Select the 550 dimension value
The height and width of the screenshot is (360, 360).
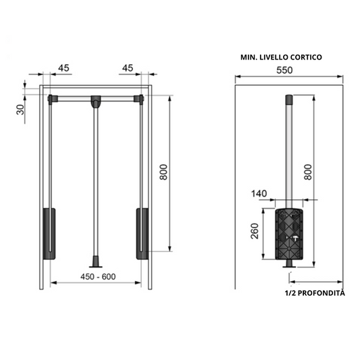pos(289,69)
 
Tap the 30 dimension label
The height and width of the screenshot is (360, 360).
pos(20,109)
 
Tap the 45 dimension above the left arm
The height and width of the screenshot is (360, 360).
pos(65,68)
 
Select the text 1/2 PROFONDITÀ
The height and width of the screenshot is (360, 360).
pos(314,292)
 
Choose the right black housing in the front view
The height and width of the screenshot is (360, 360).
pos(143,234)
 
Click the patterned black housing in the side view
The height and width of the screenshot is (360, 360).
pos(290,236)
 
